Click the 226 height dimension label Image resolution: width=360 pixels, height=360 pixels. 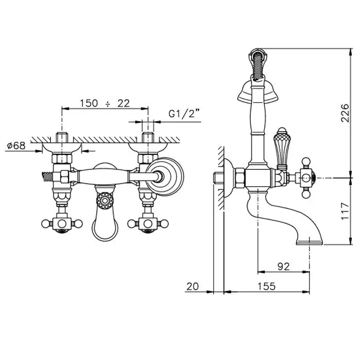coord(345,113)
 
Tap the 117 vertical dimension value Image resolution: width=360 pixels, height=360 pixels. coord(345,211)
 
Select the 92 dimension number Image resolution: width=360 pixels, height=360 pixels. coord(283,266)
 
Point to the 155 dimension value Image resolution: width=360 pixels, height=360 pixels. coord(266,286)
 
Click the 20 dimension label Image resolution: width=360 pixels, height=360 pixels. coord(192,286)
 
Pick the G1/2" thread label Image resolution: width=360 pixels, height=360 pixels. coord(184,114)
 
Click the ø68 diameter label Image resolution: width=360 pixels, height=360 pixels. coord(16,146)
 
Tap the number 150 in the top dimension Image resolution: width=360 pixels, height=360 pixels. coord(89,103)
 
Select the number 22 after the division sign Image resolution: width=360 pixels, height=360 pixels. coord(124,103)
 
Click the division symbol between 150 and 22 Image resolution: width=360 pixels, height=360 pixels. coord(107,104)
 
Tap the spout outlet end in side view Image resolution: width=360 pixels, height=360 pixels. coord(310,242)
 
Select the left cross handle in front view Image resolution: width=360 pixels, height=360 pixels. coord(62,223)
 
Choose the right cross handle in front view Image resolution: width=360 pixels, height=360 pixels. coord(148,223)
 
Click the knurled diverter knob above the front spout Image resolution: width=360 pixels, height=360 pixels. coord(105,201)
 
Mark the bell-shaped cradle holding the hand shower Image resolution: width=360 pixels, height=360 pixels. coord(258,92)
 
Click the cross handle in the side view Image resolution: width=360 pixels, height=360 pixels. coord(306,178)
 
